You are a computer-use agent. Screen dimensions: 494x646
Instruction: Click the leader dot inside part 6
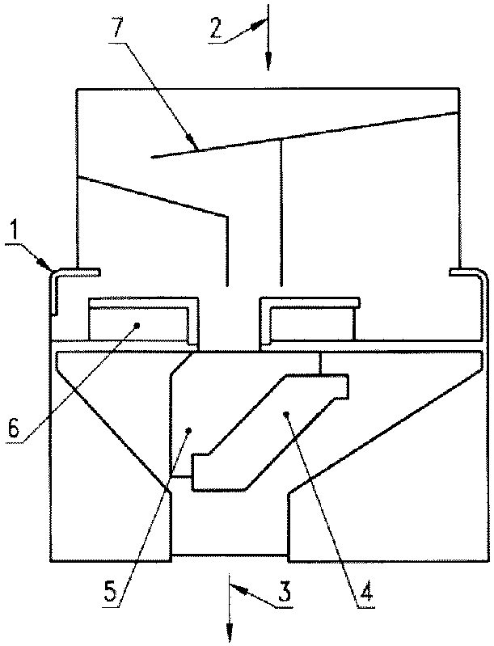137,325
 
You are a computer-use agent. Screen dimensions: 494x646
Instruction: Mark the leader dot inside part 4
286,413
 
